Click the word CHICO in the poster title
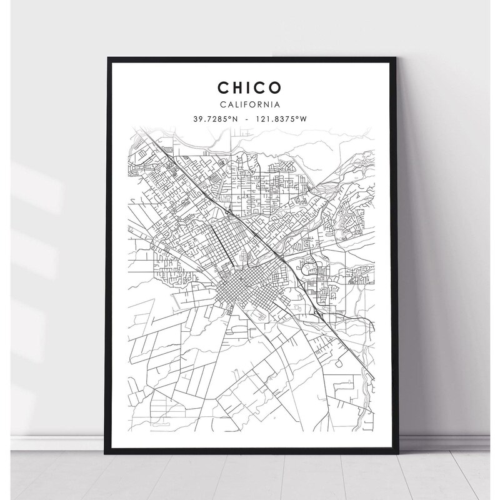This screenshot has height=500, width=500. pos(249,85)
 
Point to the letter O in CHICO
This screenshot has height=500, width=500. pos(278,85)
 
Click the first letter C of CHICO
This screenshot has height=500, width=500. pos(221,85)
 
